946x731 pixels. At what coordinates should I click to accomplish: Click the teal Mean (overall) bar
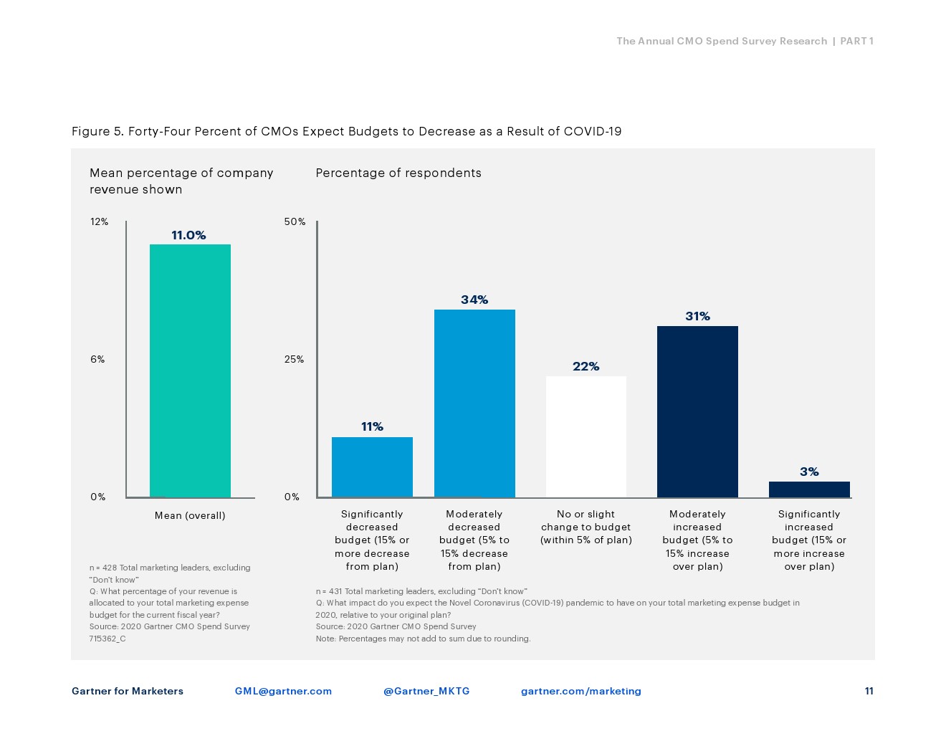tap(190, 371)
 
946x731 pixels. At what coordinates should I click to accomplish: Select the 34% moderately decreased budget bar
tap(474, 403)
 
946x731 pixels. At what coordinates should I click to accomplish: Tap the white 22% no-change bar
tap(586, 436)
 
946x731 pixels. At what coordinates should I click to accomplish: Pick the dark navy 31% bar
tap(697, 411)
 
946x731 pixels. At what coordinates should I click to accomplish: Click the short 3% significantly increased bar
tap(809, 489)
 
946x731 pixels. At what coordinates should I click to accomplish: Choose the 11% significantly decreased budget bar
tap(372, 467)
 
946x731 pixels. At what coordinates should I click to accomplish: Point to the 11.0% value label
tap(188, 235)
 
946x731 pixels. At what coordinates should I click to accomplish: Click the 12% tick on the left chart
tap(99, 221)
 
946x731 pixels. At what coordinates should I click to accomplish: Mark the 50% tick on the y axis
tap(295, 221)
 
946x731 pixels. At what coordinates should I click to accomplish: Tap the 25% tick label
tap(294, 359)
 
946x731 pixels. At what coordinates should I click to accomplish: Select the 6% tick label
tap(97, 359)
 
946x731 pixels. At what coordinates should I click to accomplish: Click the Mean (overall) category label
tap(190, 515)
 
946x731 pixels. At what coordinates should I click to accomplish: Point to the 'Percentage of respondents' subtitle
tap(398, 173)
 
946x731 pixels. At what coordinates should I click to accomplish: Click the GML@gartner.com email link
tap(283, 691)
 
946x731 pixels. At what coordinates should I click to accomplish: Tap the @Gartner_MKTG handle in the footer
tap(426, 691)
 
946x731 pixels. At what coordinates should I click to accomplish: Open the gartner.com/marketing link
tap(580, 691)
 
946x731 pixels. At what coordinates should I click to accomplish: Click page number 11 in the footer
tap(869, 691)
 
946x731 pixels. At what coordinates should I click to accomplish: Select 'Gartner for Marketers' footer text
tap(128, 691)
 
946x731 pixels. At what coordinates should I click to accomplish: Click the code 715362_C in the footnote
tap(107, 639)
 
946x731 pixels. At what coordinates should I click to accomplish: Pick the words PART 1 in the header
tap(856, 41)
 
